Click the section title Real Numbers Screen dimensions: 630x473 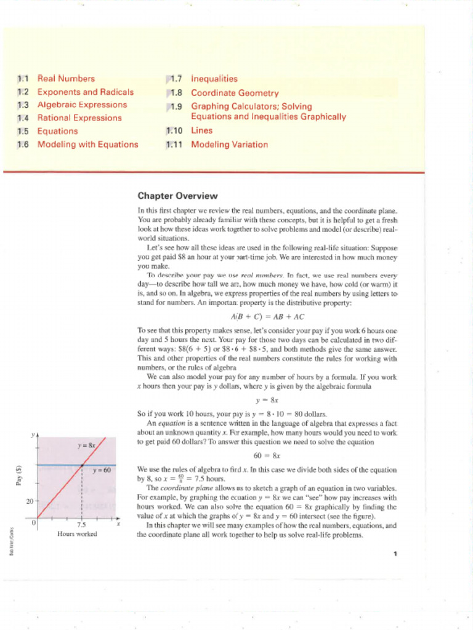[x=66, y=79]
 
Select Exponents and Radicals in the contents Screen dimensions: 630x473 [x=85, y=92]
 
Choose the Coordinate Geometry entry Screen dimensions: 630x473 [x=235, y=94]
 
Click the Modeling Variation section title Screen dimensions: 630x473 [x=229, y=145]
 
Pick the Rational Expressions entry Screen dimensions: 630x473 [x=79, y=118]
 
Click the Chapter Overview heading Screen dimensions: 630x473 [x=177, y=196]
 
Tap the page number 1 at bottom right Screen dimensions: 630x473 [x=395, y=554]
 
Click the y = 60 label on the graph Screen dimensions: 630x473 [x=102, y=471]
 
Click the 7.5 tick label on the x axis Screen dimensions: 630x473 [x=82, y=525]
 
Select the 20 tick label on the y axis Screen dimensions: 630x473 [x=29, y=501]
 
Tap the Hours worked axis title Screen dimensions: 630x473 [x=77, y=534]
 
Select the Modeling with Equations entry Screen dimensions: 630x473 [x=87, y=145]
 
